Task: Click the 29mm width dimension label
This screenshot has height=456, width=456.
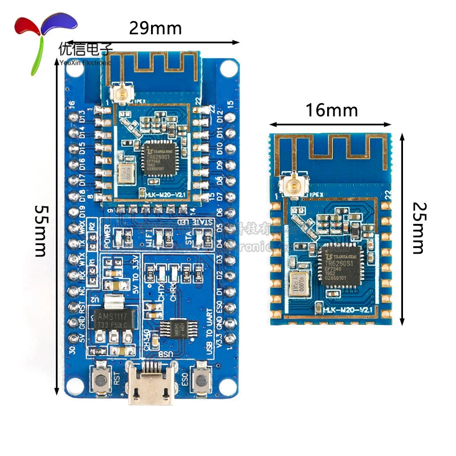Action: pos(155,27)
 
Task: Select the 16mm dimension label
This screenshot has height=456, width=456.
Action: pos(332,109)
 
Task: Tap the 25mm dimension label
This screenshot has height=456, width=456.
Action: pos(418,227)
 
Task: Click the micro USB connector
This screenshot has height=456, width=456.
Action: pos(149,383)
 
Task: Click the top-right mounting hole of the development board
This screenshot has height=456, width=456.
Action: pos(228,68)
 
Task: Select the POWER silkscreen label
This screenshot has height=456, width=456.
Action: pos(108,235)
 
